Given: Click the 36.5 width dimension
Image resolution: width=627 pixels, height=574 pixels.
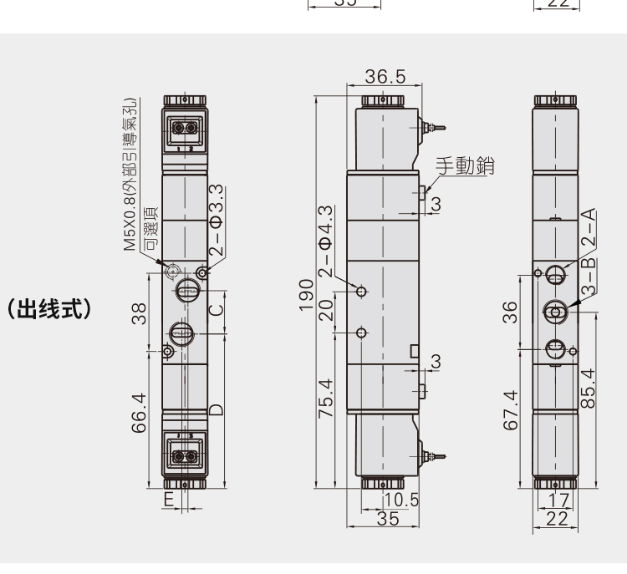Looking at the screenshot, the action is click(x=385, y=76).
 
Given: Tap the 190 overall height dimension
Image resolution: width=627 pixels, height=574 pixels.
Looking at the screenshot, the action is click(x=306, y=295).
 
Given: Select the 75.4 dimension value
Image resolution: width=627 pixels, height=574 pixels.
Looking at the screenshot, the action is click(x=326, y=398).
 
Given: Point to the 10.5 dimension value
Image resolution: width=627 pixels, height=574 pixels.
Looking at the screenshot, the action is click(x=401, y=500).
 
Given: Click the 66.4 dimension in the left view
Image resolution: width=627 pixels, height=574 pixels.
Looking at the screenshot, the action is click(x=139, y=413).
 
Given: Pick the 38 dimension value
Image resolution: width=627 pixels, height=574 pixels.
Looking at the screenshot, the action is click(x=139, y=314).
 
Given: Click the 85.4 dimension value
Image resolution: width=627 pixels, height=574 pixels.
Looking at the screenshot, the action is click(x=588, y=389).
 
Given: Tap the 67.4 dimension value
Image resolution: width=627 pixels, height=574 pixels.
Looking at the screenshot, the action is click(x=510, y=410).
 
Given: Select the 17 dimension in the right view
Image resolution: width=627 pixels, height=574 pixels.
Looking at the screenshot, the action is click(x=558, y=500).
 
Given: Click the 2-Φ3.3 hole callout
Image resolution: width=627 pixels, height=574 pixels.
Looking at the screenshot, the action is click(x=216, y=220).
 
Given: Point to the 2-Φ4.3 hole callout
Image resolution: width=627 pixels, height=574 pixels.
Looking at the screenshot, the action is click(x=326, y=241).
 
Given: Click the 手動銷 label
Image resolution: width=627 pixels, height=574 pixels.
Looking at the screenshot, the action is click(x=465, y=165).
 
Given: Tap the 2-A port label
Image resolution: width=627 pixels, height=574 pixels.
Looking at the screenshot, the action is click(x=589, y=227).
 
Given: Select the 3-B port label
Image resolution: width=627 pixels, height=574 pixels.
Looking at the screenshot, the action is click(x=589, y=277).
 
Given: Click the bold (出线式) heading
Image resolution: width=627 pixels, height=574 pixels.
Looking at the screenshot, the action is click(x=49, y=309).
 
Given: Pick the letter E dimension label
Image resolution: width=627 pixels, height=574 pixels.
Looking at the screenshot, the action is click(x=169, y=500).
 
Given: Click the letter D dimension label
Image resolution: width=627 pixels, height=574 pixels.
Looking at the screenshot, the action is click(x=216, y=409).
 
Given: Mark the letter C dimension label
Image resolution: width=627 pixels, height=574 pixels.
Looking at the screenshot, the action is click(x=217, y=310).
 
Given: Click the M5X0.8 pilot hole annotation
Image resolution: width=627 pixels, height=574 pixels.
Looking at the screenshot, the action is click(x=130, y=175).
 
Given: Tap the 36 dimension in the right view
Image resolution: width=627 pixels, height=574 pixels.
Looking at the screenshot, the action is click(x=510, y=312).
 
